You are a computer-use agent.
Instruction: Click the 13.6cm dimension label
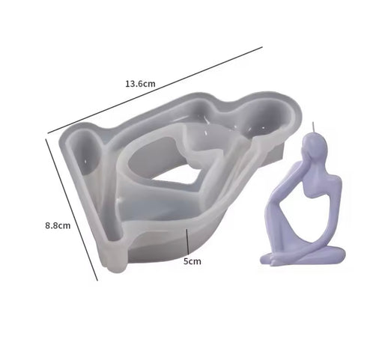(x=140, y=84)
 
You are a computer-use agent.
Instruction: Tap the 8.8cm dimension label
(x=58, y=225)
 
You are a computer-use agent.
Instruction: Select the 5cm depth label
(x=192, y=261)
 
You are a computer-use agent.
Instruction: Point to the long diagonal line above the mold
(x=155, y=90)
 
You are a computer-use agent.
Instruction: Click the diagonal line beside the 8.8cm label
(x=71, y=210)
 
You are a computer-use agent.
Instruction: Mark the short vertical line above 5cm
(x=187, y=241)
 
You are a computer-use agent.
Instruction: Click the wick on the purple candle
(x=313, y=128)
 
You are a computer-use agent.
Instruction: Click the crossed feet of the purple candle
(x=277, y=258)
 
